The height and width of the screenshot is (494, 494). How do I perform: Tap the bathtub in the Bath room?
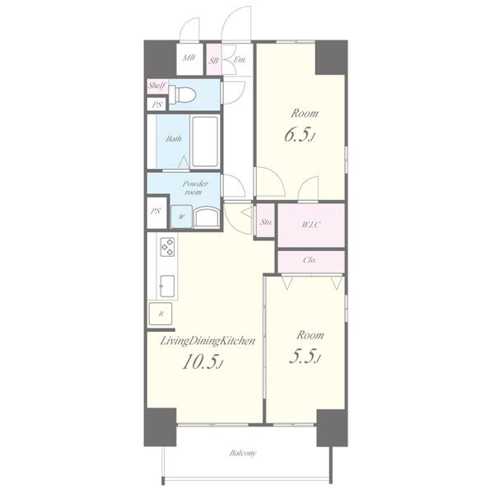pyautogui.click(x=205, y=142)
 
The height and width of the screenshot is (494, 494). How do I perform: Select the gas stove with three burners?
pyautogui.click(x=167, y=247)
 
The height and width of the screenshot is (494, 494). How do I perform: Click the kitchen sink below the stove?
pyautogui.click(x=167, y=286)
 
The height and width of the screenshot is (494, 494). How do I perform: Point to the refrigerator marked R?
pyautogui.click(x=161, y=314)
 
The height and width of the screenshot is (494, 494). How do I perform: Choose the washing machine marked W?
pyautogui.click(x=181, y=217)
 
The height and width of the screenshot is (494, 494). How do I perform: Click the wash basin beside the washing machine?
pyautogui.click(x=207, y=217)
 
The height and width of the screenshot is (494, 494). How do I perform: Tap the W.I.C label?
pyautogui.click(x=311, y=225)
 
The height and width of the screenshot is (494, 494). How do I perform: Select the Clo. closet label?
pyautogui.click(x=310, y=260)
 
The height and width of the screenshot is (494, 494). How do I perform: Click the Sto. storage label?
pyautogui.click(x=266, y=221)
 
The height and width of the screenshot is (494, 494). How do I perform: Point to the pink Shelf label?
pyautogui.click(x=157, y=86)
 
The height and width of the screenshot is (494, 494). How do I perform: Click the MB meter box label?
pyautogui.click(x=189, y=58)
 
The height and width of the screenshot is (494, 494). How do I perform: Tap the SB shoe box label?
pyautogui.click(x=213, y=60)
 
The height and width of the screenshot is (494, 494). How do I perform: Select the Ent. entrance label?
pyautogui.click(x=240, y=59)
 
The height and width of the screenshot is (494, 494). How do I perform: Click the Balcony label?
pyautogui.click(x=243, y=453)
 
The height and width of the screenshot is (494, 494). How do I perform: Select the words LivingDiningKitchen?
pyautogui.click(x=207, y=341)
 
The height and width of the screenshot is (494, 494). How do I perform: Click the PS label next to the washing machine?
pyautogui.click(x=156, y=211)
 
